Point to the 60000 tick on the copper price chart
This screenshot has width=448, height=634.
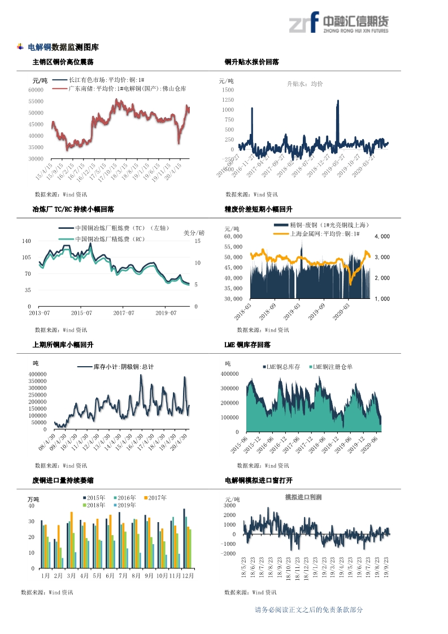tap(36, 90)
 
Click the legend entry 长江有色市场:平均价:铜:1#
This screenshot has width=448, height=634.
tap(106, 80)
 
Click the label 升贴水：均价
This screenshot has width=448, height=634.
tap(305, 84)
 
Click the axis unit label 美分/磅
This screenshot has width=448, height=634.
tap(194, 233)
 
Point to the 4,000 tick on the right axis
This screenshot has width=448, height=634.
tap(382, 236)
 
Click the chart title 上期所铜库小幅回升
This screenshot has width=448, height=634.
tap(63, 344)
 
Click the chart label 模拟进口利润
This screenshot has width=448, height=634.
tap(303, 497)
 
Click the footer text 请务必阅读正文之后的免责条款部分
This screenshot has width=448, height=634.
tap(309, 610)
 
